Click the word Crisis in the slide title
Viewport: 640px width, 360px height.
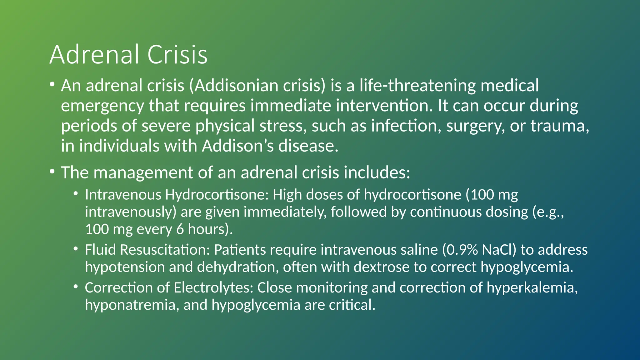177,55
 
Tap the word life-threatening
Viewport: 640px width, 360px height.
417,86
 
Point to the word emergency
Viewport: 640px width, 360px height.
102,106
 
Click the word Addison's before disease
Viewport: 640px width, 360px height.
238,146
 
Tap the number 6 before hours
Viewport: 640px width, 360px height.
180,229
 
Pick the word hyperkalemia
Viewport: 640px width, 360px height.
530,288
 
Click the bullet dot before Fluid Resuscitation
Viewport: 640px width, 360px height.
76,249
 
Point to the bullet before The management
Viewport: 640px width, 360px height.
52,172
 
